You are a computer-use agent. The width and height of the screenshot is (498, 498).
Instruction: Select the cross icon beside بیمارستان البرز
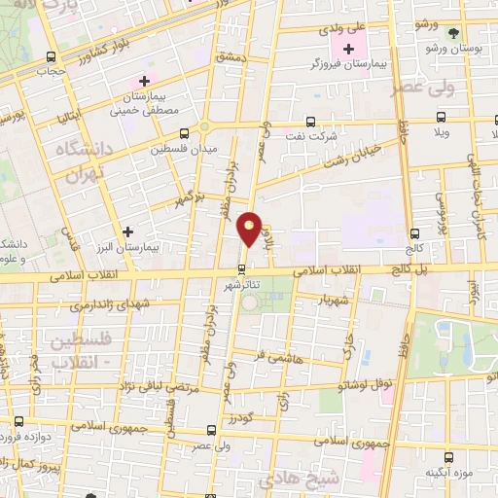[127, 231]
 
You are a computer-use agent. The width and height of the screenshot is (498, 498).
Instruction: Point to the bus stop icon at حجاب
[49, 55]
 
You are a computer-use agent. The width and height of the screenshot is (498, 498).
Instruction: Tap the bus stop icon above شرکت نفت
[310, 122]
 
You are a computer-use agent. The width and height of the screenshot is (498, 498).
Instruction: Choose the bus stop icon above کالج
[415, 233]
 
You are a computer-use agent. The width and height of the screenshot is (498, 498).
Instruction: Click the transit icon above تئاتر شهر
[242, 270]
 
